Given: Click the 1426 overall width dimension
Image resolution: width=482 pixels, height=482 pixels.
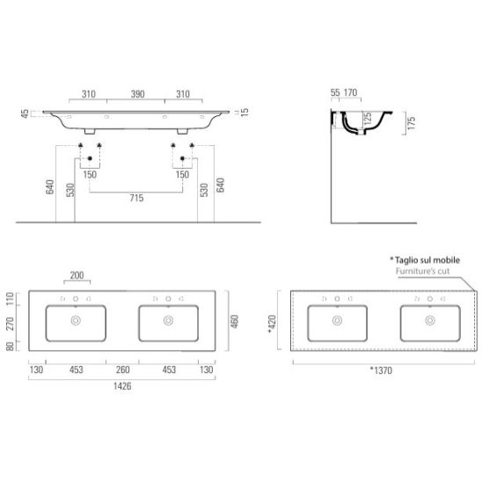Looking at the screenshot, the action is pos(122,386).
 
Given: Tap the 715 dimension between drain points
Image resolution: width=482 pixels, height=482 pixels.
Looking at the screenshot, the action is pos(136,198).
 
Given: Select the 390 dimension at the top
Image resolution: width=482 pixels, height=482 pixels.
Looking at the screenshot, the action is pos(138,94).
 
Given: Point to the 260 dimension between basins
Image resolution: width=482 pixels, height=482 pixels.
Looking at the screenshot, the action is pos(122,369).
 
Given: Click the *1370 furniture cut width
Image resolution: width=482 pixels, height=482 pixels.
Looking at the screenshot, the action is pos(381,370).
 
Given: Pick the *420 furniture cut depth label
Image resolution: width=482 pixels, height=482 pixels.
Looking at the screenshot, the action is pos(272,324).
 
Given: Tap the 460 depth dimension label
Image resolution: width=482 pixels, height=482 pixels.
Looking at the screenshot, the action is pos(235,321).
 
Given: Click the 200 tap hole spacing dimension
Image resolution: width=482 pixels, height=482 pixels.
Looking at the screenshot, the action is pos(77,275).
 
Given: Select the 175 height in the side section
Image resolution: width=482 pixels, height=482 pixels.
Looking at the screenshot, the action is pos(412,122).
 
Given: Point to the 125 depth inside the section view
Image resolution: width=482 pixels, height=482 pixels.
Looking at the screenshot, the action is pos(368,119).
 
